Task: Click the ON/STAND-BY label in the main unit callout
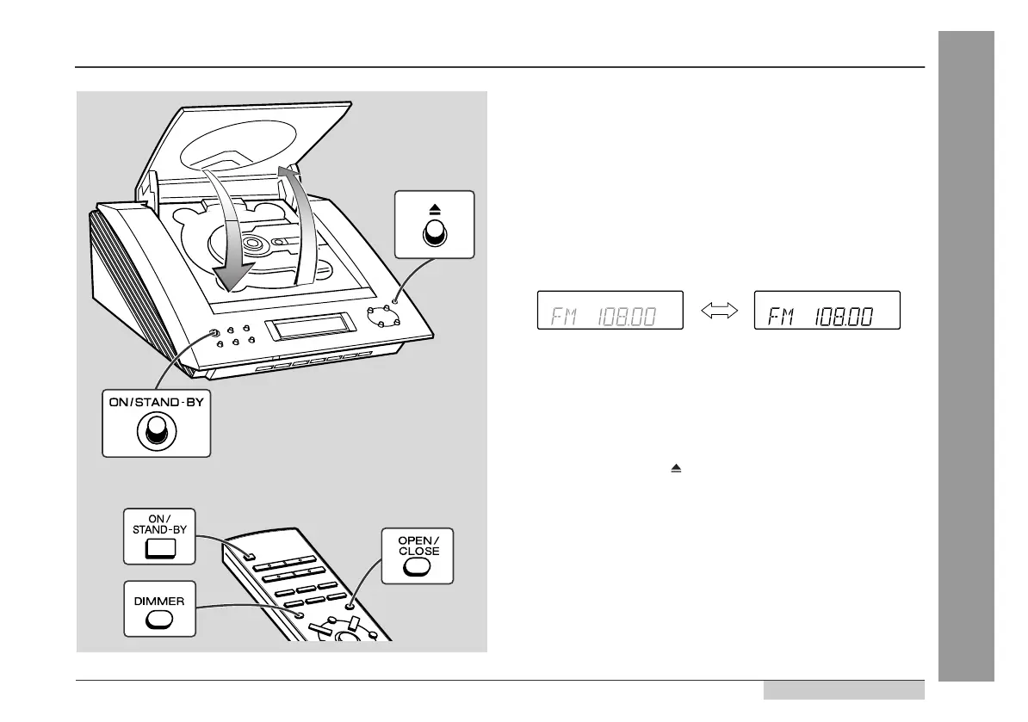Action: click(x=156, y=402)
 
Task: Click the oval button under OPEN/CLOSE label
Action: click(x=417, y=565)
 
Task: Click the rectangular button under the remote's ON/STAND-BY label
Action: click(x=159, y=548)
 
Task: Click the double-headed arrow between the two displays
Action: click(x=719, y=312)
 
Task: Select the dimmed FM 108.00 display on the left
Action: click(x=610, y=311)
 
